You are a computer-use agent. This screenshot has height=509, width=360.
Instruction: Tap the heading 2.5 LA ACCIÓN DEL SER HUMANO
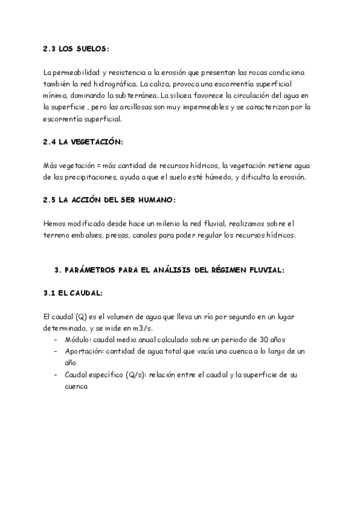tap(110, 199)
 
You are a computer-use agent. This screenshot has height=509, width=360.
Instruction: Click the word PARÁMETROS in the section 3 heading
tap(98, 270)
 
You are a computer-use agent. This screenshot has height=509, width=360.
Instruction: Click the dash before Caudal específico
tap(56, 375)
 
